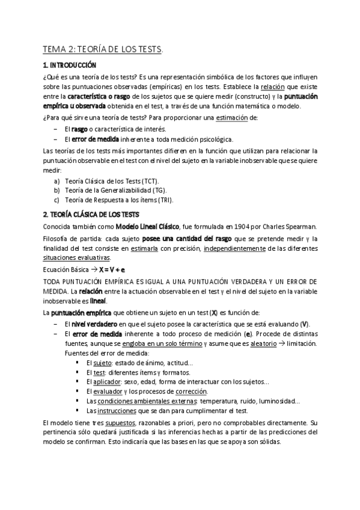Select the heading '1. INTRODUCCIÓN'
[69, 65]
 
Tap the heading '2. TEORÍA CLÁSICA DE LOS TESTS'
[91, 214]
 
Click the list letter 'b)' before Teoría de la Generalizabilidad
[57, 191]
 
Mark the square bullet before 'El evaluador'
[78, 392]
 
